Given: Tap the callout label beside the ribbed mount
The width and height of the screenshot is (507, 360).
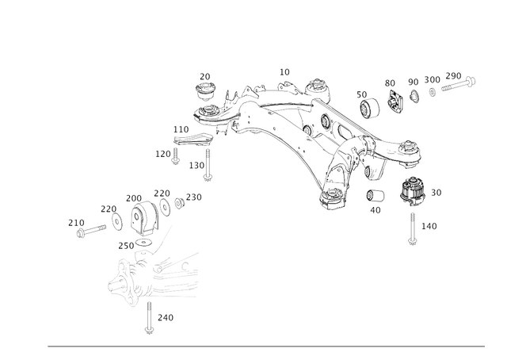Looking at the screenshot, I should [437, 192].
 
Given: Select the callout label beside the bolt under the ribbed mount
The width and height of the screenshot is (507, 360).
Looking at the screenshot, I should [429, 228].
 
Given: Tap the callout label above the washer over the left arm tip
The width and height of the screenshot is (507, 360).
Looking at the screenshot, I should [205, 76].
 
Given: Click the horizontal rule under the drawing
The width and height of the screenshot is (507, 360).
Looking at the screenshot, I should [266, 346].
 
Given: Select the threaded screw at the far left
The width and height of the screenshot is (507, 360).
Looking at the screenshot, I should [90, 232].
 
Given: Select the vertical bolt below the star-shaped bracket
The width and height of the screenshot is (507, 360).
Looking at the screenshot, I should [148, 316].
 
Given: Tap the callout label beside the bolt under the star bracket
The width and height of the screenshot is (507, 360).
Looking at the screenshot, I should [165, 317].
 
